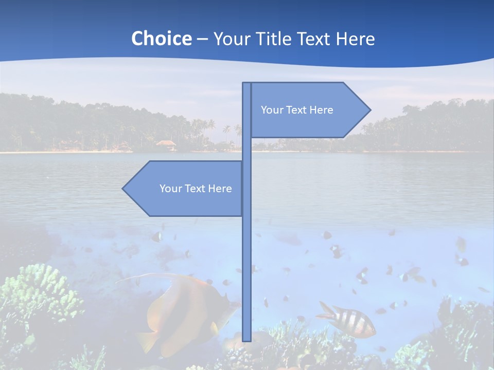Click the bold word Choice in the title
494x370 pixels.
161,39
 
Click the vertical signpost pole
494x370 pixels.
247,257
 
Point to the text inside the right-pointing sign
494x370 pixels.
297,110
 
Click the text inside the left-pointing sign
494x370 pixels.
196,189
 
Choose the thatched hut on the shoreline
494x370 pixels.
166,144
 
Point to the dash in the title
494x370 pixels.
202,39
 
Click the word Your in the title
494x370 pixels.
230,39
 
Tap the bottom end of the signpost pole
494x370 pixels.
247,339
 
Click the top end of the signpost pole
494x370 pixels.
247,84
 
